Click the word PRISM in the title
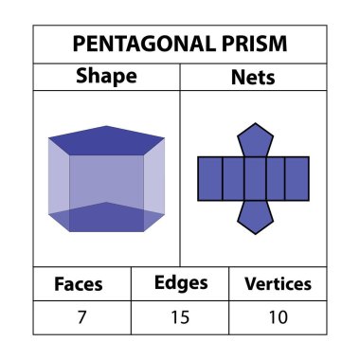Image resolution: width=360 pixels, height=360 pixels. [254, 45]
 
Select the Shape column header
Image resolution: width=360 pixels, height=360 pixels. [106, 77]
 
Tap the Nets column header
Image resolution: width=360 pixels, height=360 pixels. [253, 77]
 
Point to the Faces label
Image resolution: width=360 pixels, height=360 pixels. [79, 283]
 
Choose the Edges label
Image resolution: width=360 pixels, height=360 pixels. [180, 282]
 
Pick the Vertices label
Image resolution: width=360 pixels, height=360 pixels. [278, 283]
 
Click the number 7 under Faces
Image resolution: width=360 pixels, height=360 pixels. [79, 316]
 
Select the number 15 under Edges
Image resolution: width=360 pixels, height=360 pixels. [180, 316]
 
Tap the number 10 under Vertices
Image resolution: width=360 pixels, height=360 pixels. [278, 316]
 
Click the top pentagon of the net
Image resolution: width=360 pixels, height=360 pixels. [253, 139]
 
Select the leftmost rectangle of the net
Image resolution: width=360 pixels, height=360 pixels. [208, 178]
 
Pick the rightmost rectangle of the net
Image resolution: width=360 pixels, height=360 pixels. [297, 178]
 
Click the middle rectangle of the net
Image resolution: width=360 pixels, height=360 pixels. [253, 178]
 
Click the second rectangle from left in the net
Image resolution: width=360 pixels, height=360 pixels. [231, 178]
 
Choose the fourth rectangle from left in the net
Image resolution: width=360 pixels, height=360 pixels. [275, 178]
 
